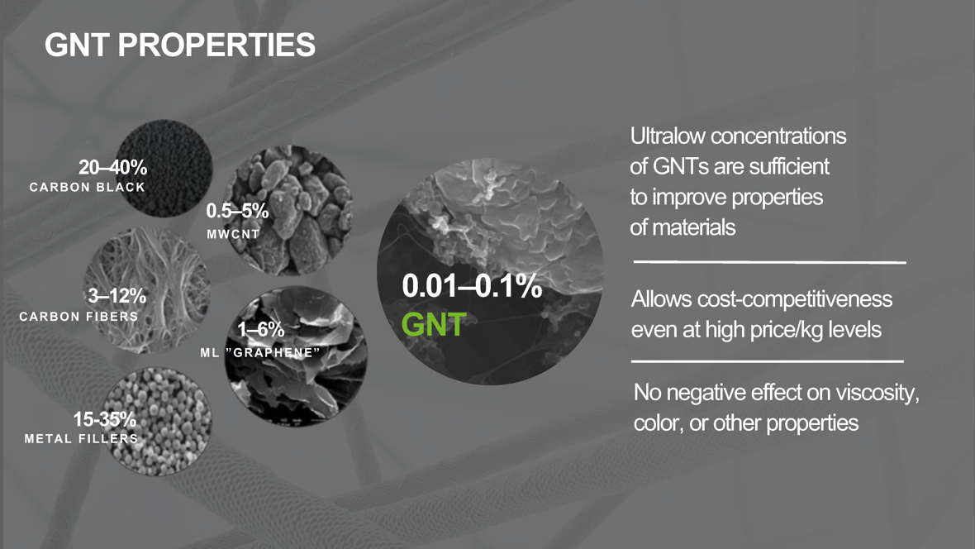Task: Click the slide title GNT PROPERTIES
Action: coord(179,45)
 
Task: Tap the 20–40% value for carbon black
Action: coord(112,167)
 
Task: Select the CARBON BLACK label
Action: coord(87,187)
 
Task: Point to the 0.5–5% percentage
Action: coord(237,210)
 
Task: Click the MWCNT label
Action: coord(233,234)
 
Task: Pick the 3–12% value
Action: coord(117,295)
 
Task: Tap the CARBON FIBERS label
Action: coord(79,316)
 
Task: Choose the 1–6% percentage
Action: coord(260,328)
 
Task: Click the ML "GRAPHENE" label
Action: coord(260,352)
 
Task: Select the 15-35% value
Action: coord(104,419)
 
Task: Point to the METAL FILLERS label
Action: coord(82,438)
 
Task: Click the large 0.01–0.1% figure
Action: coord(472,286)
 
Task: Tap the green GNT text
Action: coord(434,324)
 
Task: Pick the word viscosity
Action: coord(877,393)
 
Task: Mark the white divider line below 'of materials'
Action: coord(770,262)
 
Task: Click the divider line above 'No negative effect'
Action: coord(768,361)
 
